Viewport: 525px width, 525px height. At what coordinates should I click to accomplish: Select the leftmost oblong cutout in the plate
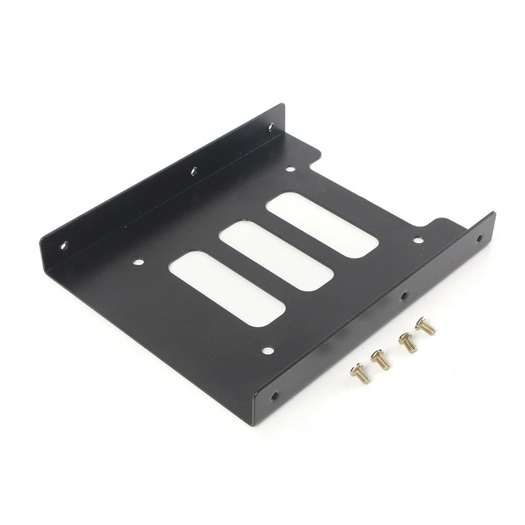(x=227, y=287)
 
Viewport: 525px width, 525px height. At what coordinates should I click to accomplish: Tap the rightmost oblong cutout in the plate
(x=322, y=224)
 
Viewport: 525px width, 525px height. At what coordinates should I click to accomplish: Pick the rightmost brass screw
(x=425, y=325)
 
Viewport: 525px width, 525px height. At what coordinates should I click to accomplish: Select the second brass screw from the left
(x=381, y=358)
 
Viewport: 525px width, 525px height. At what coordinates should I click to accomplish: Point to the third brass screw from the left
(x=407, y=342)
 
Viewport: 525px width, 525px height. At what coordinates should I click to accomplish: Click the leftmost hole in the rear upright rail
(x=64, y=244)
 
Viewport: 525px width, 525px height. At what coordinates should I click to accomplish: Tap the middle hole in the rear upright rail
(x=193, y=171)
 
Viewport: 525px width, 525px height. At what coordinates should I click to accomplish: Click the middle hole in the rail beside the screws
(x=403, y=295)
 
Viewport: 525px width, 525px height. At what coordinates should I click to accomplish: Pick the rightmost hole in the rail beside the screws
(x=480, y=239)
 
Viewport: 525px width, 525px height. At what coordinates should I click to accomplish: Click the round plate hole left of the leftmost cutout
(x=138, y=262)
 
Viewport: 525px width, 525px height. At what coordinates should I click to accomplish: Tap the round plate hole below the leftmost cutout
(x=268, y=349)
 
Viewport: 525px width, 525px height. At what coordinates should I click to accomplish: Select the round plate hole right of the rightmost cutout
(x=418, y=241)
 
